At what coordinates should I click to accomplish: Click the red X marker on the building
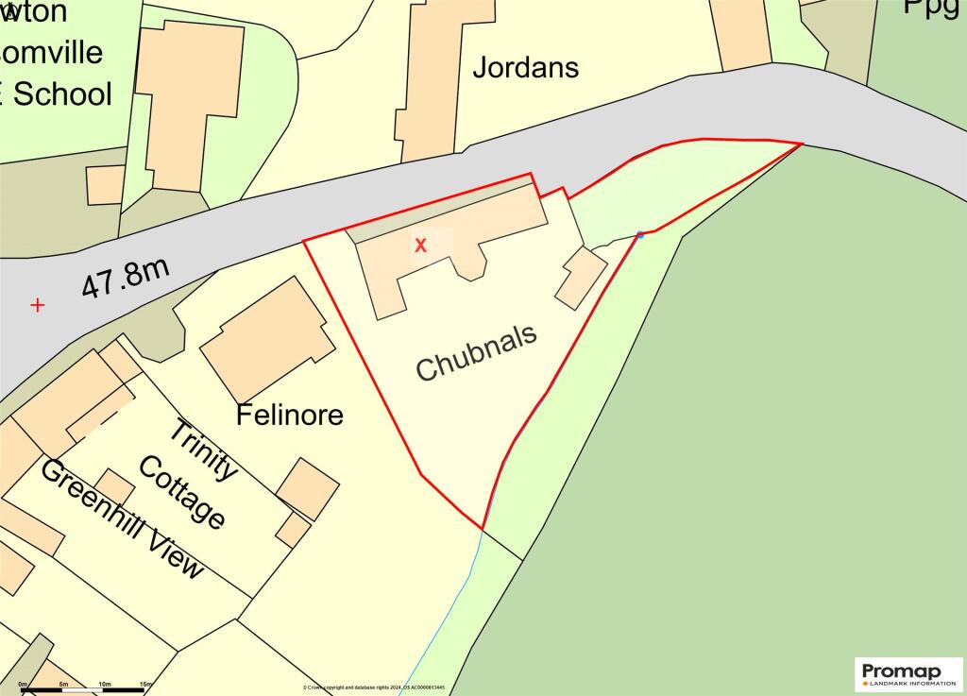421,246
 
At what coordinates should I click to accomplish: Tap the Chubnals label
476,352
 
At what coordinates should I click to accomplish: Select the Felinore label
290,415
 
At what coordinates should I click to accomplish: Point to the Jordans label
525,68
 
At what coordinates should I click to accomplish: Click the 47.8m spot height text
125,279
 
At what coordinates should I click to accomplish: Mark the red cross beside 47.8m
37,305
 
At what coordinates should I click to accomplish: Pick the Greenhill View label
123,519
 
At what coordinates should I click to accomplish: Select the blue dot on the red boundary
640,234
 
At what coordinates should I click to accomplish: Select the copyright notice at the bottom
374,688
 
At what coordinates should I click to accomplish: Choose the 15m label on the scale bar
146,683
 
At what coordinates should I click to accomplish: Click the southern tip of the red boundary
483,529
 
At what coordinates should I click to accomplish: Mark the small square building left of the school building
105,184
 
